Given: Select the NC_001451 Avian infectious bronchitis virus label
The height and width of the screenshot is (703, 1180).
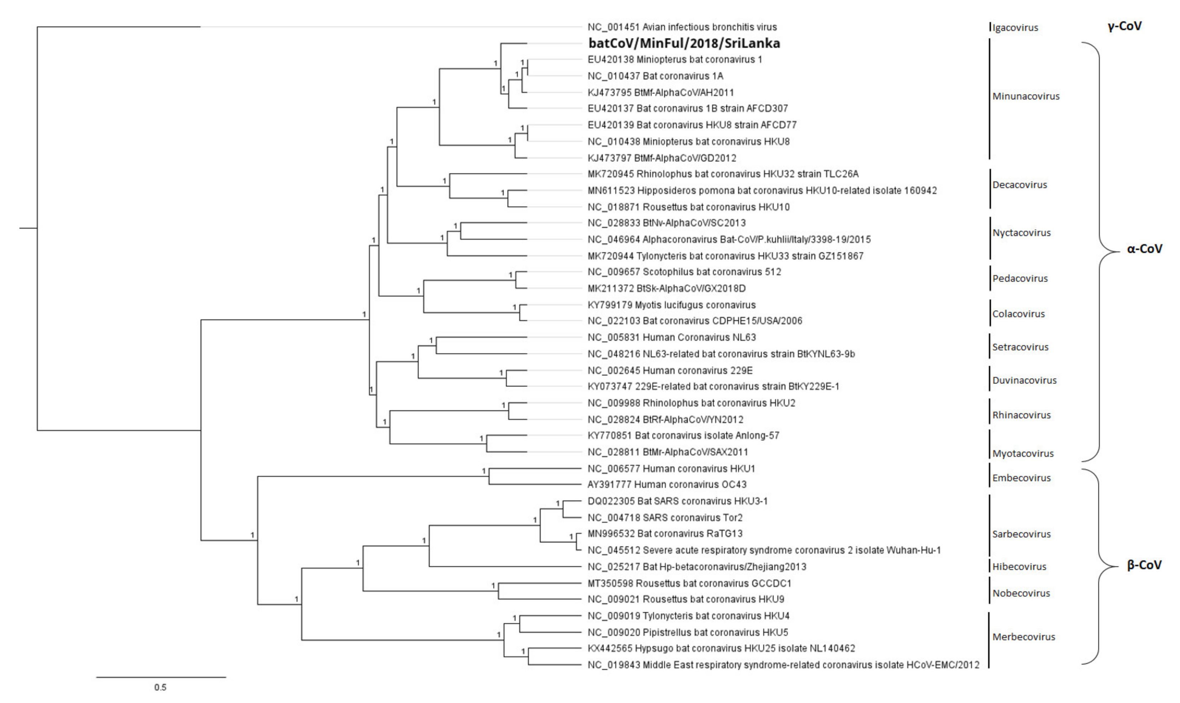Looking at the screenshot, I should point(682,27).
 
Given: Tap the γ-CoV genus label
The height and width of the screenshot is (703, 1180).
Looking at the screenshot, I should point(1124,26).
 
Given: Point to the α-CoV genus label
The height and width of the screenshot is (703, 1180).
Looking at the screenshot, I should point(1144,249).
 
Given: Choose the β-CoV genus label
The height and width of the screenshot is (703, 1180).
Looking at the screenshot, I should point(1144,565).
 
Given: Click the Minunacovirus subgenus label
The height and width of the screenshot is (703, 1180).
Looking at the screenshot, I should point(1026,96).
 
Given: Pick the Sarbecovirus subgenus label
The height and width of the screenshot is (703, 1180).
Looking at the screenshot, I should point(1021,534).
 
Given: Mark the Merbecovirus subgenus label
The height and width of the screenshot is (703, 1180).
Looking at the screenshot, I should point(1024,637).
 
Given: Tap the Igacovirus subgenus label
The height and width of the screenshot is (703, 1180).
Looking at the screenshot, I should point(1015,27).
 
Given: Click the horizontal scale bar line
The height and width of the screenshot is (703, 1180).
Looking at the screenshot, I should point(161,677).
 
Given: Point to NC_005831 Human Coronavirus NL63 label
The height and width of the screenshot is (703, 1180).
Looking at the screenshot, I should point(671,337).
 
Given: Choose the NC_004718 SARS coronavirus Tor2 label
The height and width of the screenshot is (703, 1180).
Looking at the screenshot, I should point(665,517).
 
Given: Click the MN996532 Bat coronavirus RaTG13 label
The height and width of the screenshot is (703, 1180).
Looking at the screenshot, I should point(665,533).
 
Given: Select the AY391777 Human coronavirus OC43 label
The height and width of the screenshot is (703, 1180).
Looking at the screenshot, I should point(667,484).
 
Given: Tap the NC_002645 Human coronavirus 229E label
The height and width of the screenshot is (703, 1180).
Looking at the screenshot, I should point(670,370).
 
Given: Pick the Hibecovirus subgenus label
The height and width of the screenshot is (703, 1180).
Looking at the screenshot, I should point(1019,567).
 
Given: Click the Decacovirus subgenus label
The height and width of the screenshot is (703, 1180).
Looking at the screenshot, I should point(1019,185).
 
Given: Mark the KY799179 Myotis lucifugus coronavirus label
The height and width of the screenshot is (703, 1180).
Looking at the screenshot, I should point(671,305).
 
